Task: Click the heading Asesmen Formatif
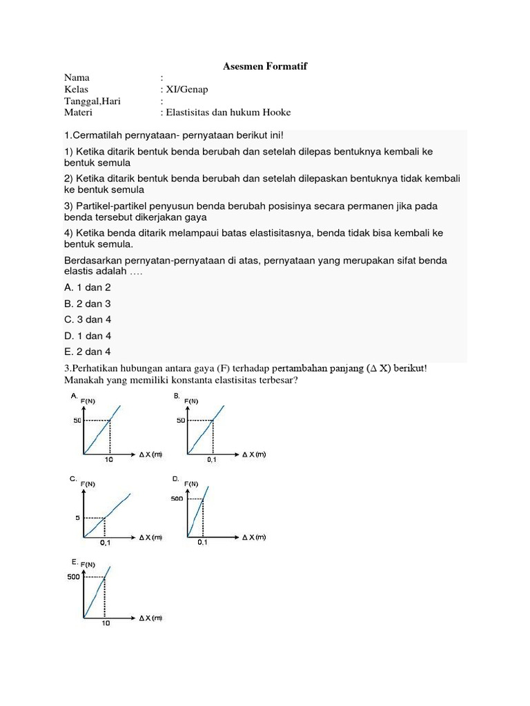(265, 66)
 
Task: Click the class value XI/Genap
(186, 90)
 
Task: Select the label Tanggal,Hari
(92, 101)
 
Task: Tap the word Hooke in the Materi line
(277, 112)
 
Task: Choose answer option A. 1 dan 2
(88, 287)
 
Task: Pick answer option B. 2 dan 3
(88, 303)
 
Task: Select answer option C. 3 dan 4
(88, 319)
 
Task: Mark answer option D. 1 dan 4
(88, 336)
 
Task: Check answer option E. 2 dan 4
(88, 352)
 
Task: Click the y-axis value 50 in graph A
(77, 421)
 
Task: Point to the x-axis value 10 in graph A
(108, 460)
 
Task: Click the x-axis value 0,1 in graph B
(212, 460)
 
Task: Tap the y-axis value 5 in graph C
(78, 518)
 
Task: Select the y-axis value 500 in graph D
(178, 498)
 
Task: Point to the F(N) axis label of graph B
(190, 401)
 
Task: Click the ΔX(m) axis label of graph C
(150, 537)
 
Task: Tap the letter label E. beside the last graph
(75, 562)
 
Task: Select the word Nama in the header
(77, 78)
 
